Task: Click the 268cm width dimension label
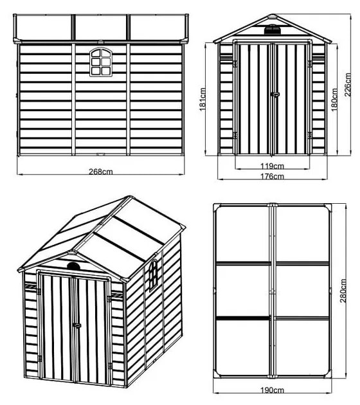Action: point(101,172)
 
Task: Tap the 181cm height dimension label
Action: point(203,100)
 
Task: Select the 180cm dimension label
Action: point(334,100)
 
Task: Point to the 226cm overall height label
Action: point(348,85)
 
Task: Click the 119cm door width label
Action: point(272,166)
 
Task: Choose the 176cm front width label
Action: point(272,176)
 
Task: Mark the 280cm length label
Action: point(343,291)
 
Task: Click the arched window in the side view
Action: point(101,62)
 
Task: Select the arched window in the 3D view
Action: point(153,275)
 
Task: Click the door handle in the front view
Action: point(275,94)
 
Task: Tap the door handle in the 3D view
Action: point(76,325)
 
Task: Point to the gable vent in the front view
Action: point(272,29)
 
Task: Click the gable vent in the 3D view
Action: point(74,265)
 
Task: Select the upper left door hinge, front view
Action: point(235,64)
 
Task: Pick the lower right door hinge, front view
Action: point(310,135)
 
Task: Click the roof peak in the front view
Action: point(273,15)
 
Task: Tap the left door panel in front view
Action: point(254,99)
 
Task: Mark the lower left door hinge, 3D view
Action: point(39,359)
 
